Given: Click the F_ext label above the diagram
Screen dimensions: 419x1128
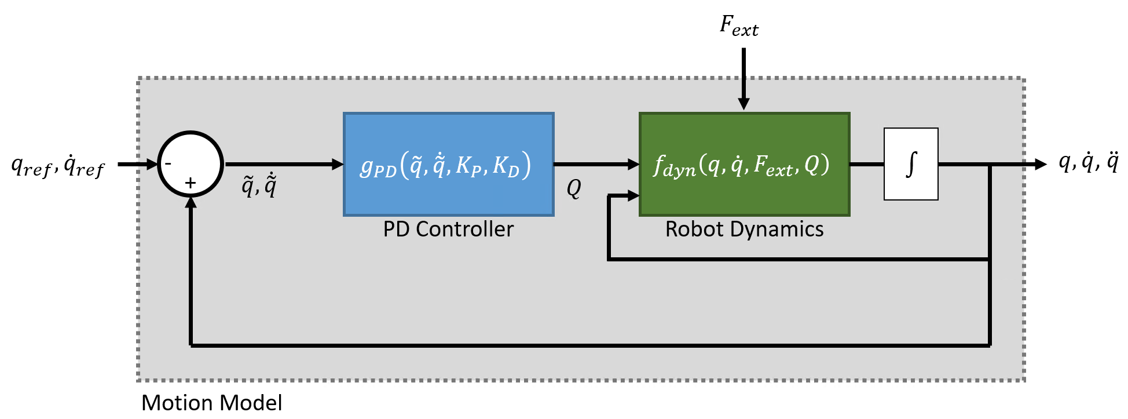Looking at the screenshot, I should click(738, 26).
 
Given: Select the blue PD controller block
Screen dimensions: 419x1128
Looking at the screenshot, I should click(448, 165).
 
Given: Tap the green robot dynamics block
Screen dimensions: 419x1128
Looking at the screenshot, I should click(744, 165).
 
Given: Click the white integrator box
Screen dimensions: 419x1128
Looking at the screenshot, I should click(911, 164).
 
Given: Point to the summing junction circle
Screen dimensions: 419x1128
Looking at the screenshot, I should click(191, 164).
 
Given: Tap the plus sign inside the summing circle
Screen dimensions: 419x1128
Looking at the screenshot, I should click(191, 184).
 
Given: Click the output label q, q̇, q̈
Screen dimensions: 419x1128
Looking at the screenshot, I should click(1088, 162).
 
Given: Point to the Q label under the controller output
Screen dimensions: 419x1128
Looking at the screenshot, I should click(573, 188).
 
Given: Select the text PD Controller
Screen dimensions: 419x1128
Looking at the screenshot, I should click(448, 229).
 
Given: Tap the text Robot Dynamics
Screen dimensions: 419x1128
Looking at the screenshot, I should click(744, 229).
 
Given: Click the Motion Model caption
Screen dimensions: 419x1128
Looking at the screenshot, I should click(211, 403).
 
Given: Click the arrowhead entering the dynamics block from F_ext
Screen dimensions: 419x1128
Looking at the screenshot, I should click(744, 104).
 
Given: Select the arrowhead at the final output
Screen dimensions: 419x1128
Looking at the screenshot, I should click(1041, 164).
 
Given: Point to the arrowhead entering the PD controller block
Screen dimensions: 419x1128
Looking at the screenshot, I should click(338, 164).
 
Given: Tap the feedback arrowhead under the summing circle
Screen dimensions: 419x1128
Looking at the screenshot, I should click(191, 202).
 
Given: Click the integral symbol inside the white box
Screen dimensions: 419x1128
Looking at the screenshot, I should click(911, 164).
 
